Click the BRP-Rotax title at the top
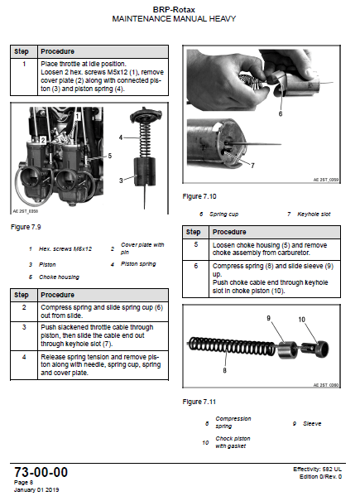[174, 10]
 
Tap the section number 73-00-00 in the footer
[41, 472]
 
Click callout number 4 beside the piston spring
[121, 137]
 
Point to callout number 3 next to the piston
[121, 181]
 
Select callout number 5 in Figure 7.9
[110, 156]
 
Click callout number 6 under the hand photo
[281, 113]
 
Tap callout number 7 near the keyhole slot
[252, 166]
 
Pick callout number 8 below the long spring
[224, 370]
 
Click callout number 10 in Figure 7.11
[301, 320]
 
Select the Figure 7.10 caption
[199, 196]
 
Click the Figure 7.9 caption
[26, 227]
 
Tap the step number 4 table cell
[24, 365]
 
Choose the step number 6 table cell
[196, 279]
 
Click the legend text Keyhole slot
[314, 214]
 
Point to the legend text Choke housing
[59, 277]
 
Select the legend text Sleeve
[312, 424]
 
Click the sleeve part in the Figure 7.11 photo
[286, 349]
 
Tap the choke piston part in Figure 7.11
[315, 349]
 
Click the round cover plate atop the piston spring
[146, 115]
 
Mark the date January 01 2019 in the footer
[36, 489]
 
